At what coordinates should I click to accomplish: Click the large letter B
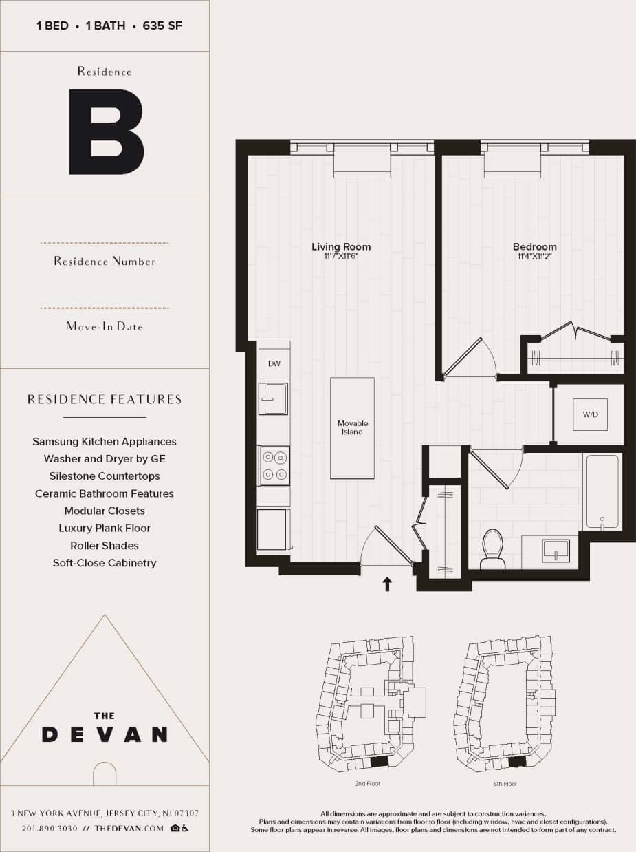coord(106,131)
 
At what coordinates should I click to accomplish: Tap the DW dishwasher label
coord(274,363)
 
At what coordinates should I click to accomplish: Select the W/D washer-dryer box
coord(590,414)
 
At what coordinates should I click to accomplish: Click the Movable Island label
coord(352,427)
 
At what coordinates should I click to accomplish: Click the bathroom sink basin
coord(555,550)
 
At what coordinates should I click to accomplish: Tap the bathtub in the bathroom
coord(602,491)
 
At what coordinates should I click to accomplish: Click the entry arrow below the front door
coord(387,584)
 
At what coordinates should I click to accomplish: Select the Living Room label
coord(341,246)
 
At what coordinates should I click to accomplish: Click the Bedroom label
coord(534,246)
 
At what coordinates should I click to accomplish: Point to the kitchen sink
coord(274,398)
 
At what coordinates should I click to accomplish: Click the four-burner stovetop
coord(274,465)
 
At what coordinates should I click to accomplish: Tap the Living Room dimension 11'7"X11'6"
coord(341,257)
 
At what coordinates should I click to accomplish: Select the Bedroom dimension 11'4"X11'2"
coord(534,257)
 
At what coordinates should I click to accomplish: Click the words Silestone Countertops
coord(105,476)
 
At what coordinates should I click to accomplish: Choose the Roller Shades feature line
coord(105,546)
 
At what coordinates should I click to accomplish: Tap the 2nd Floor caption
coord(369,784)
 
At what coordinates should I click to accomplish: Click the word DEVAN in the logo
coord(105,734)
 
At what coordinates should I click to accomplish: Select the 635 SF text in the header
coord(162,26)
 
